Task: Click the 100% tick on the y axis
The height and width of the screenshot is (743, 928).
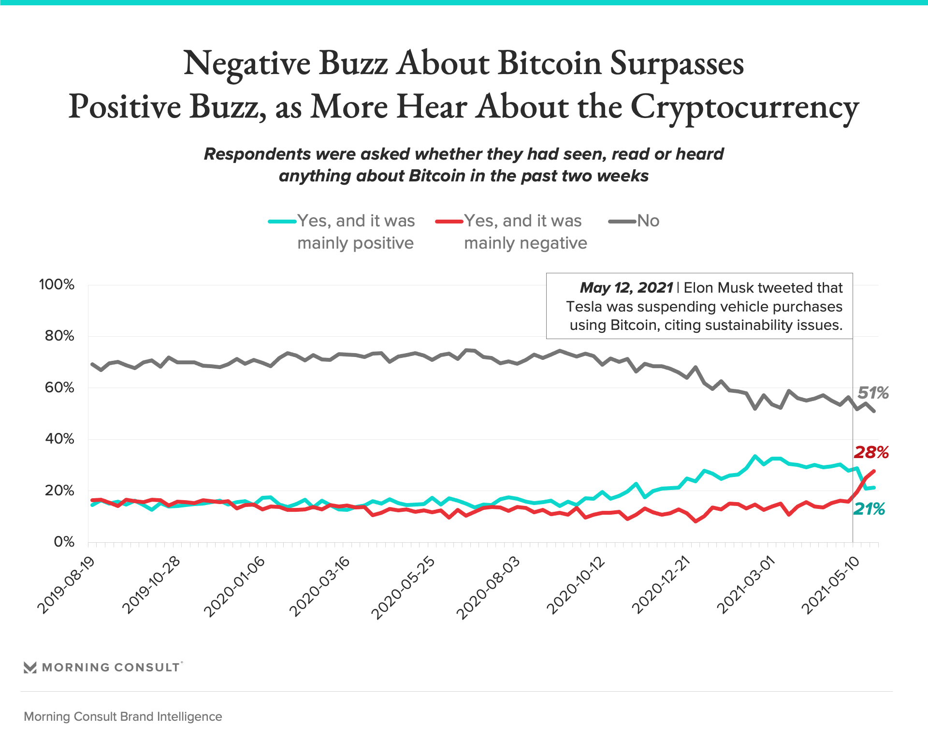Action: click(x=57, y=284)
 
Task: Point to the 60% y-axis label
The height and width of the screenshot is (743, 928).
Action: click(x=59, y=387)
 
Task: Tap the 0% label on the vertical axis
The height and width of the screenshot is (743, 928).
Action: click(x=64, y=542)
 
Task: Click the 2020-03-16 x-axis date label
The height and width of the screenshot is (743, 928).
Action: click(x=319, y=587)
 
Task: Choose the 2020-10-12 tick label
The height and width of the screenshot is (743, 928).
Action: click(x=575, y=586)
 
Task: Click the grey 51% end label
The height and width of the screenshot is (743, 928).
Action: click(x=873, y=393)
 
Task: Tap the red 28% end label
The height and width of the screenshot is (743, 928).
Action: click(x=871, y=453)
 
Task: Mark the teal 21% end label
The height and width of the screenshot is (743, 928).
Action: click(x=869, y=509)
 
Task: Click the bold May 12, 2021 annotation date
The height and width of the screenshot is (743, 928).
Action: click(x=626, y=288)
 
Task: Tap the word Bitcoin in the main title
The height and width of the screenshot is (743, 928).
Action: click(x=550, y=63)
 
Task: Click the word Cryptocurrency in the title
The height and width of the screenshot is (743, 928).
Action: click(x=744, y=107)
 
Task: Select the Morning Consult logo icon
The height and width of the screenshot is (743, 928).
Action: click(x=30, y=668)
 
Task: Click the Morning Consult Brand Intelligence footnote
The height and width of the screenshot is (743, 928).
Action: click(x=123, y=717)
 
